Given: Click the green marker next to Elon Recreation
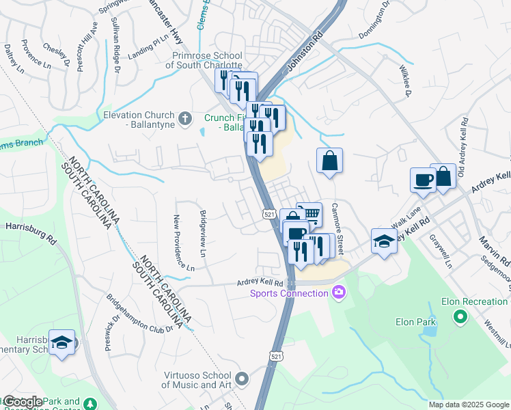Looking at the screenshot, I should click(x=460, y=316).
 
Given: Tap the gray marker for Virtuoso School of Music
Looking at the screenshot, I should click(x=241, y=378).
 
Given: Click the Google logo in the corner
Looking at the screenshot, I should click(x=23, y=402).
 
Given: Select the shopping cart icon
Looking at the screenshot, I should click(x=311, y=213).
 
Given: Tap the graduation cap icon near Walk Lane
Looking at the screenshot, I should click(x=384, y=241).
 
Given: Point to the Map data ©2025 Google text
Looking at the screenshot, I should click(x=468, y=405).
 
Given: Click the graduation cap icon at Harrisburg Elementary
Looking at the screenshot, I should click(x=63, y=344).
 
